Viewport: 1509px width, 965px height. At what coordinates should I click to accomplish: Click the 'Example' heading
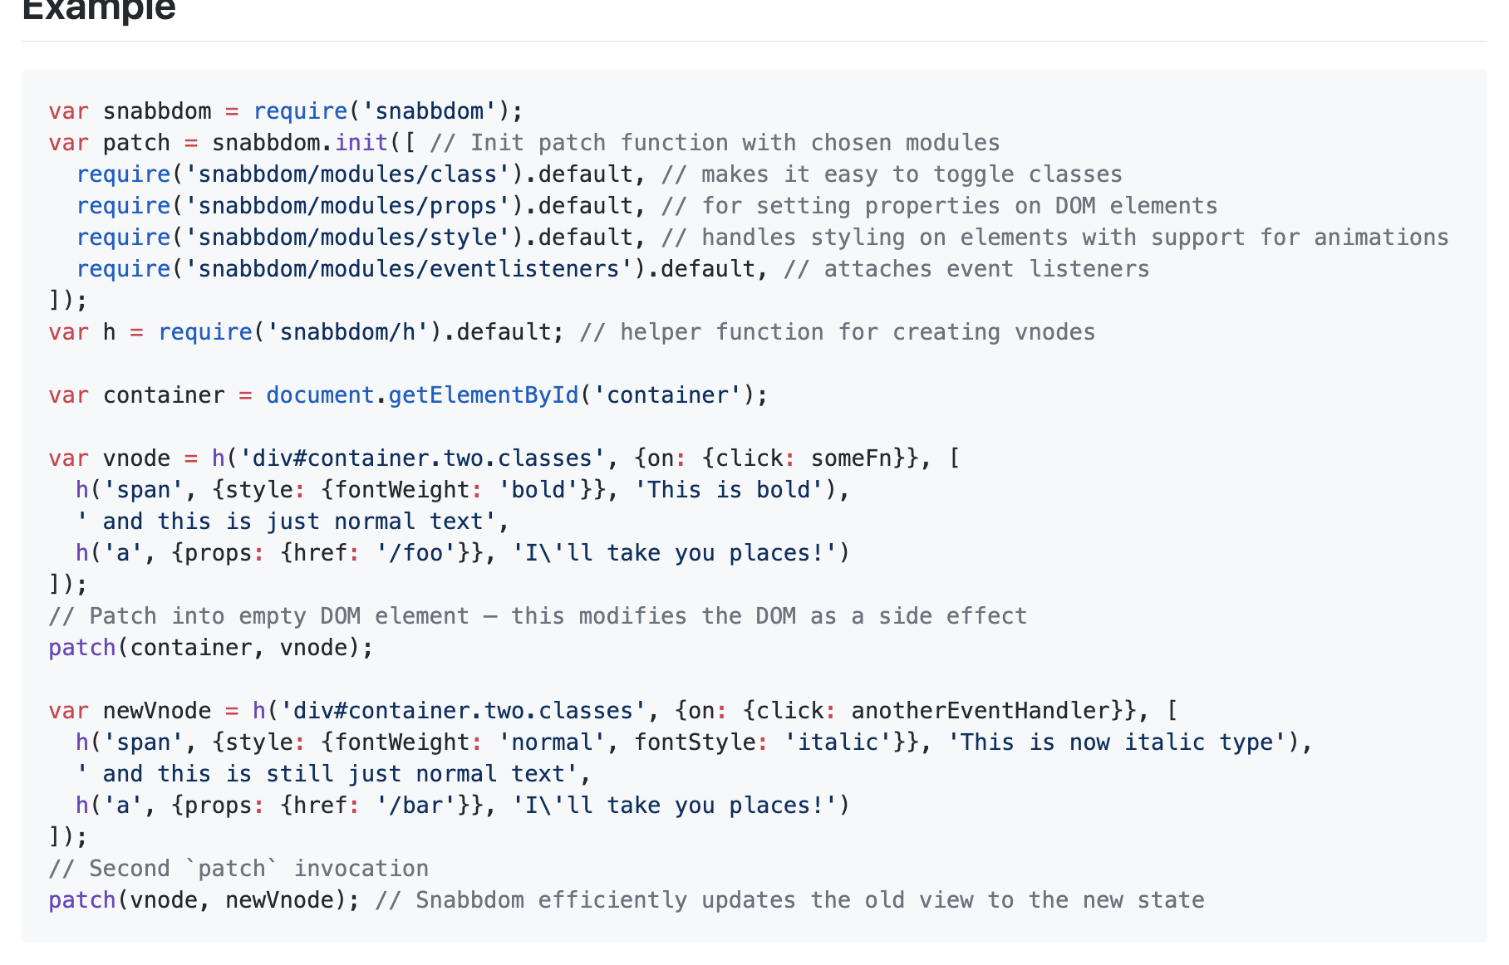(x=99, y=10)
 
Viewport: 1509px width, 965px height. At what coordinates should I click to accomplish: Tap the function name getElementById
(x=483, y=395)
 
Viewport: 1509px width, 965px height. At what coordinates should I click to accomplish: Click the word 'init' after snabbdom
(x=361, y=143)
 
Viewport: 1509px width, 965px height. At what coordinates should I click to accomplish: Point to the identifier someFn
(x=851, y=458)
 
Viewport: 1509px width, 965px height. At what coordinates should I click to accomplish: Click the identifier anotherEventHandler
(x=981, y=711)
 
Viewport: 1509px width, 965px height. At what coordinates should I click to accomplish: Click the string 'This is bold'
(x=729, y=490)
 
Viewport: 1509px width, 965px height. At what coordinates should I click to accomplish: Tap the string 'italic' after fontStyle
(x=838, y=742)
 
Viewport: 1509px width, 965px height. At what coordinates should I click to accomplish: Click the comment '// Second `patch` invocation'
(x=238, y=869)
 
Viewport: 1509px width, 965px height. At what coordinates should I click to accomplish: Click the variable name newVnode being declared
(x=157, y=711)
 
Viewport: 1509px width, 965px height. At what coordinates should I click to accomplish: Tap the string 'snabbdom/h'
(x=347, y=332)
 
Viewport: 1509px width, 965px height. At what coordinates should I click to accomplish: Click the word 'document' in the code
(x=320, y=395)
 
